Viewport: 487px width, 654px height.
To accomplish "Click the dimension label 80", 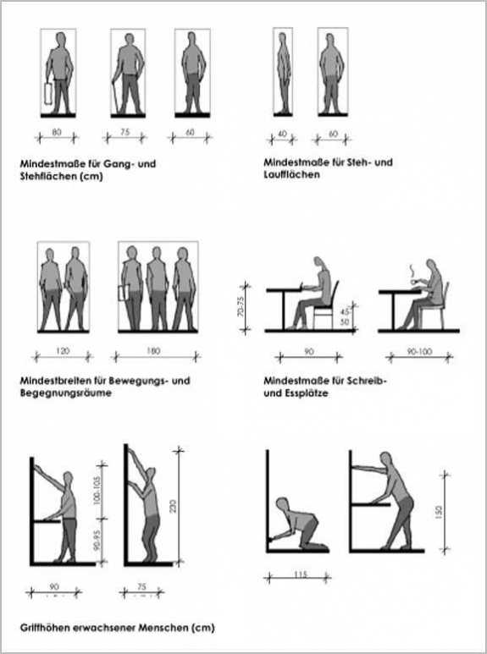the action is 57,132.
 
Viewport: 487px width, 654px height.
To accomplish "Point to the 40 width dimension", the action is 282,134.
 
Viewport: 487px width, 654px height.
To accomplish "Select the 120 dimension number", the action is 63,351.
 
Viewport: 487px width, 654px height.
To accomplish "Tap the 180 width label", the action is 153,351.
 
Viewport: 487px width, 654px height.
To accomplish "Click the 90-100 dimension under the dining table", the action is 420,352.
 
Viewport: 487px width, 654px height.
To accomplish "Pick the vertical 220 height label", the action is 173,506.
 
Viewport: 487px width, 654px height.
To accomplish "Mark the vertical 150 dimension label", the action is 438,511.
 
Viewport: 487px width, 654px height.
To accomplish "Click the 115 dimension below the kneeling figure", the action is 301,574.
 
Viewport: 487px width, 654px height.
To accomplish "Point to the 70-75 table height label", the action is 241,307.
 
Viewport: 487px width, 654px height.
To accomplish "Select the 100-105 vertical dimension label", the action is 97,492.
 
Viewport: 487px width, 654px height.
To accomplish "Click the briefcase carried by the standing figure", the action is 48,93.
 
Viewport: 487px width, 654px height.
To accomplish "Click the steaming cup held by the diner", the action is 415,282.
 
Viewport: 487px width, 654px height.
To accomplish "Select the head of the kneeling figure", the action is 282,504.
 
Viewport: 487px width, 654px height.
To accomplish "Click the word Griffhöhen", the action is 44,627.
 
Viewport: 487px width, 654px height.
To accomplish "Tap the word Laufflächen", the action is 291,174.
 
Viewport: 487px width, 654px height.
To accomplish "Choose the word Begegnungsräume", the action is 65,393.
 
